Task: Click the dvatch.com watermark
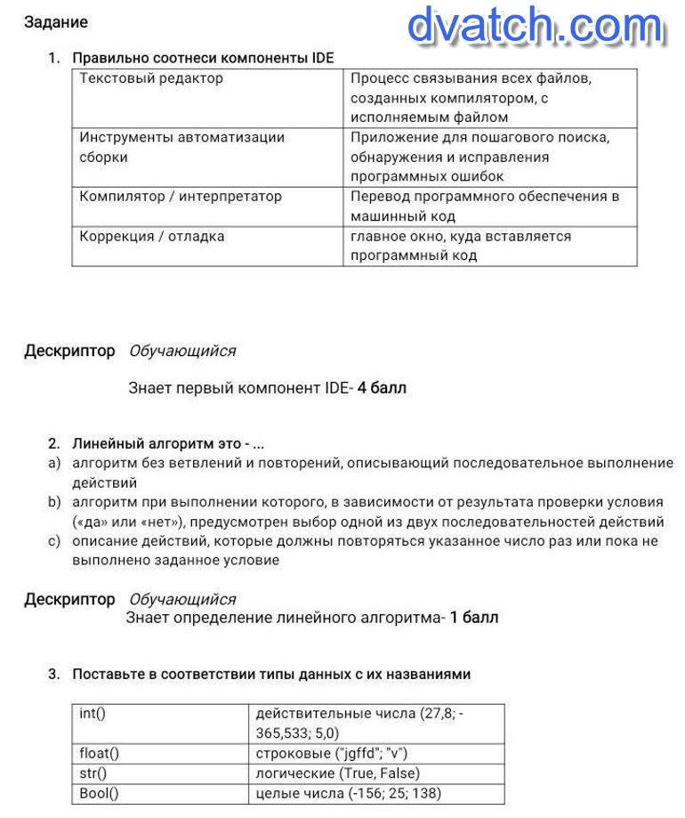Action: pyautogui.click(x=535, y=27)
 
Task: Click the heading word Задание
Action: pyautogui.click(x=56, y=22)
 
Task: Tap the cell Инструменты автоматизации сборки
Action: pyautogui.click(x=181, y=147)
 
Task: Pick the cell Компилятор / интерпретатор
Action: pyautogui.click(x=181, y=196)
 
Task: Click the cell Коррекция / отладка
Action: pyautogui.click(x=152, y=236)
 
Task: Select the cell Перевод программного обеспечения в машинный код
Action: pyautogui.click(x=485, y=206)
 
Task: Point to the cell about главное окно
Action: pyautogui.click(x=461, y=246)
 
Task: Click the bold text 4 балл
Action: pyautogui.click(x=382, y=387)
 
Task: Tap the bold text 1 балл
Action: pyautogui.click(x=473, y=617)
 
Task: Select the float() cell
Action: pyautogui.click(x=100, y=753)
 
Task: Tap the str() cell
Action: pyautogui.click(x=93, y=773)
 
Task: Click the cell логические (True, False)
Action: pyautogui.click(x=337, y=773)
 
